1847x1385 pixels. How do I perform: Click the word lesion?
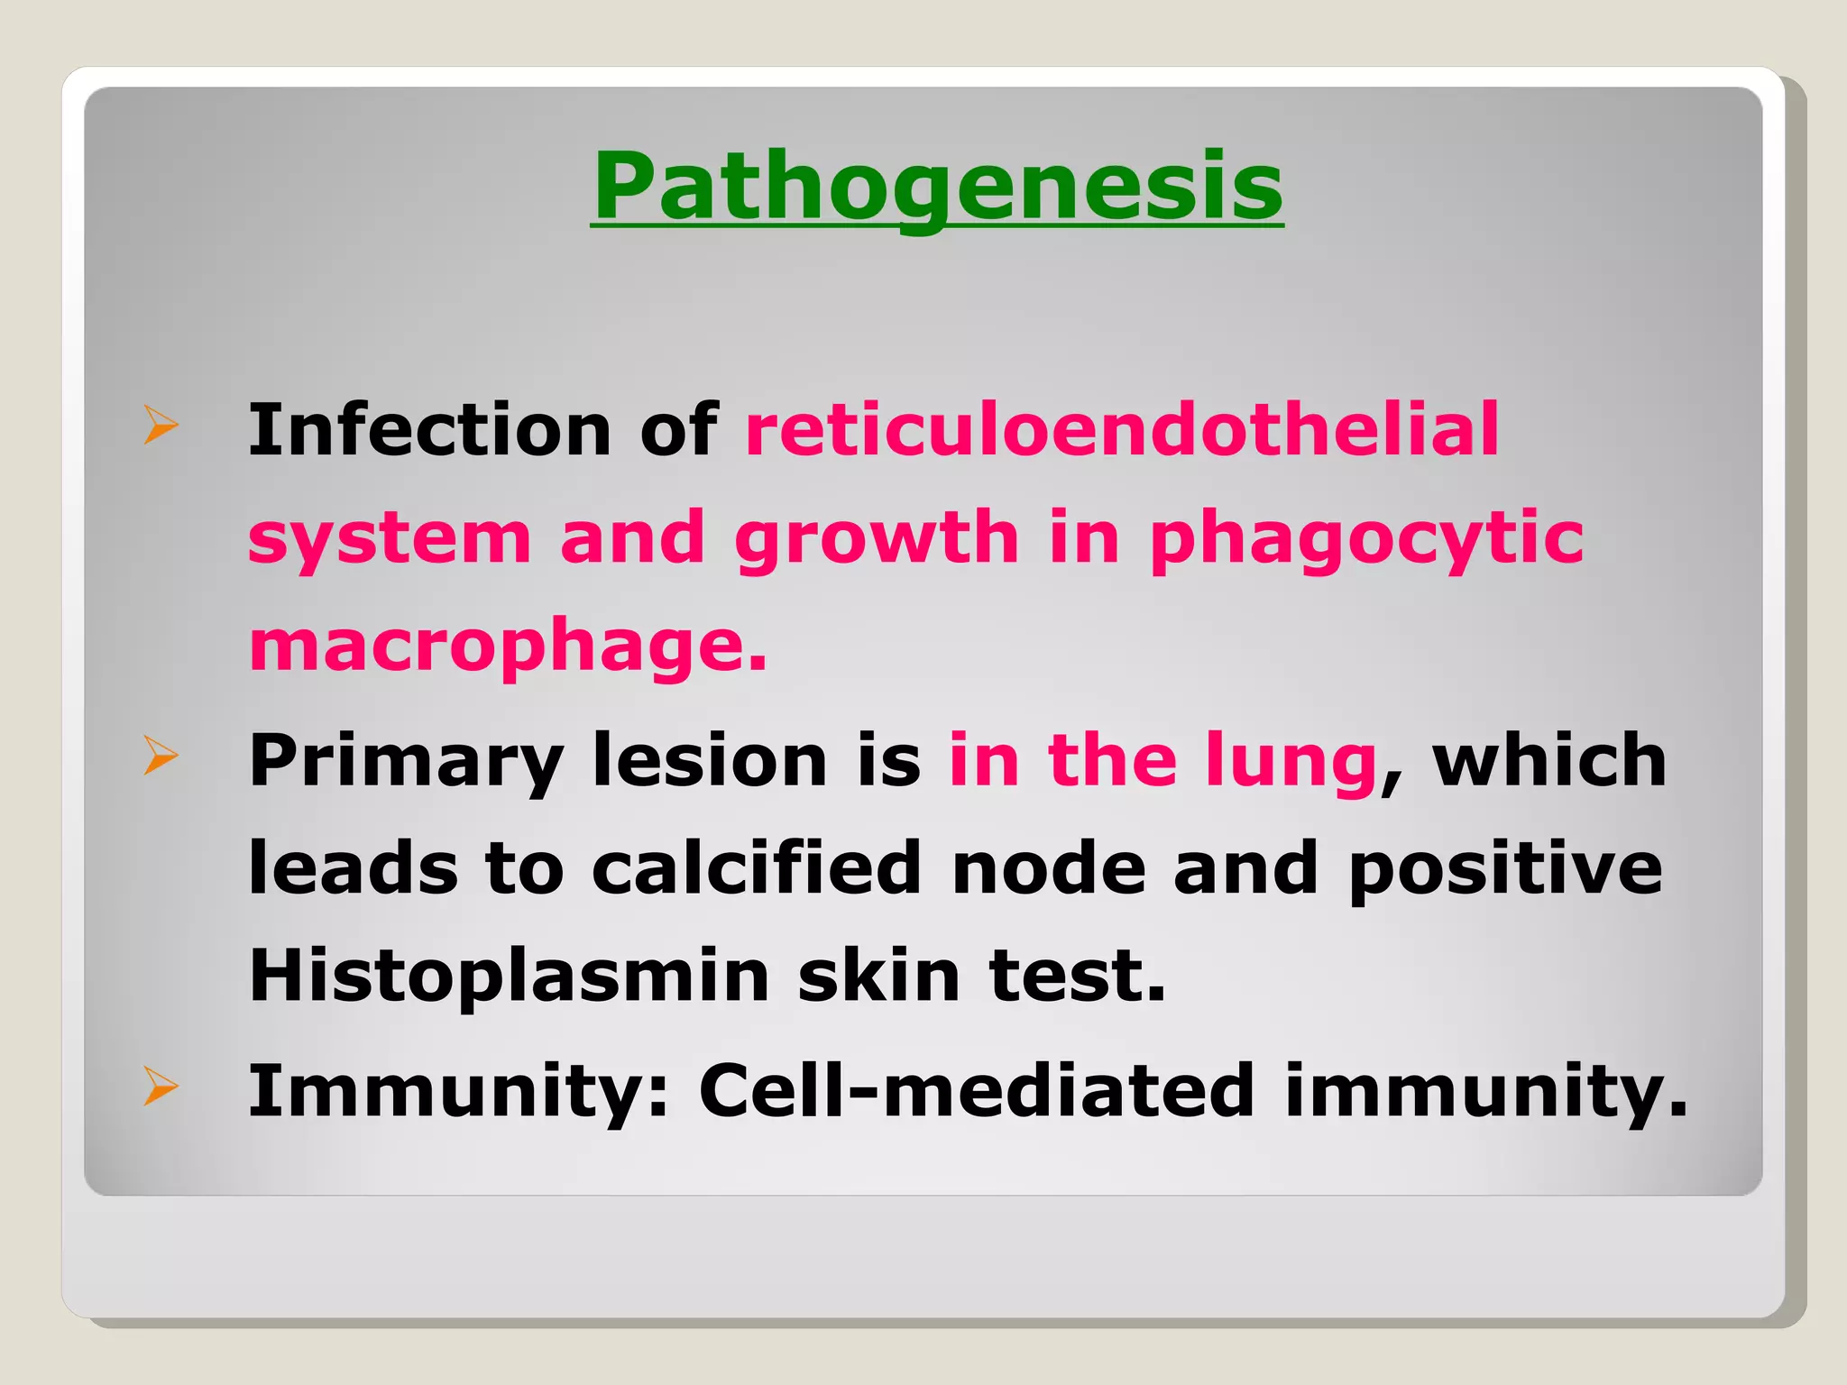click(x=710, y=760)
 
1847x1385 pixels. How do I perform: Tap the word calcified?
click(x=757, y=867)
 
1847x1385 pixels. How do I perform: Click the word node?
click(x=1048, y=867)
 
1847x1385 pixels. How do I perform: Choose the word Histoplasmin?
click(x=509, y=977)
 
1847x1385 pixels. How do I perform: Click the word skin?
click(x=878, y=975)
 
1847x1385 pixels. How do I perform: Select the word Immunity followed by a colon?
click(x=458, y=1092)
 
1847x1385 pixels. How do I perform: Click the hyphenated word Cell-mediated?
click(x=977, y=1090)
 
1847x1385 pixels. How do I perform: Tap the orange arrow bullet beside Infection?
click(x=161, y=426)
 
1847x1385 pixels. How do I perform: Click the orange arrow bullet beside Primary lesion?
click(x=161, y=756)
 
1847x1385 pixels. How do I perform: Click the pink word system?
click(x=390, y=539)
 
